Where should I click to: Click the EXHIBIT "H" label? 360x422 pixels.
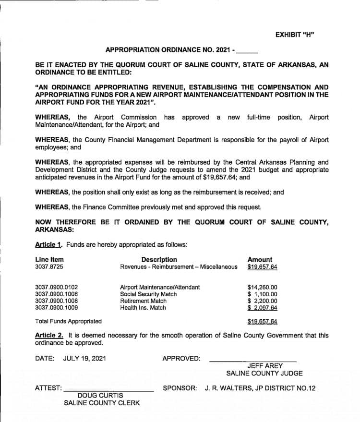tap(295, 35)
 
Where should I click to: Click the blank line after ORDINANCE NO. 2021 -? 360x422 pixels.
tap(248, 49)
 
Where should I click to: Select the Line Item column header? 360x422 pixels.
tap(49, 259)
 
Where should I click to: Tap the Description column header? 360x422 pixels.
tap(159, 259)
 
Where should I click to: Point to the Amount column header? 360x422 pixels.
tap(259, 259)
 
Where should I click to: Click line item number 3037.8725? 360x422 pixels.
tap(49, 266)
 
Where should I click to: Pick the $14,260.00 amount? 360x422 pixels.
tap(262, 288)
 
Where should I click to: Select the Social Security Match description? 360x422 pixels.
tap(145, 294)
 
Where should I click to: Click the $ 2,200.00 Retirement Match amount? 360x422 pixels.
tap(262, 301)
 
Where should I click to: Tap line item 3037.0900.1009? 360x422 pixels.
tap(57, 308)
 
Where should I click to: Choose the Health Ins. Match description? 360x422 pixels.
tap(143, 308)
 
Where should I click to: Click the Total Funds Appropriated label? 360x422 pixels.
tap(68, 321)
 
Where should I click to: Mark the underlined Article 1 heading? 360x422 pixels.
tap(48, 244)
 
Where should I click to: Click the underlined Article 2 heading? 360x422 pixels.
tap(48, 336)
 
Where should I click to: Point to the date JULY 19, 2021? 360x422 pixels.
tap(84, 358)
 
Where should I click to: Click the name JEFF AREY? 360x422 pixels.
tap(264, 366)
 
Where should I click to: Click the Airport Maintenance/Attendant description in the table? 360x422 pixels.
tap(160, 288)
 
